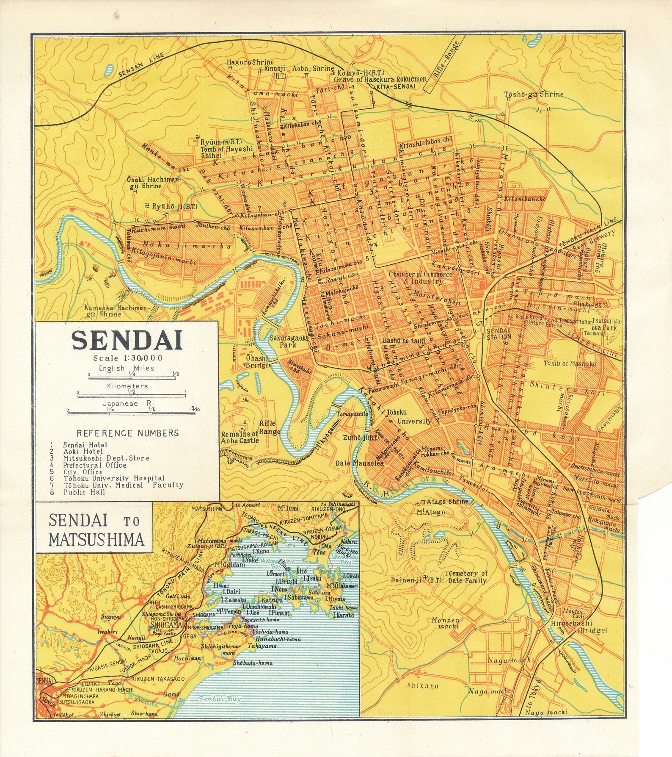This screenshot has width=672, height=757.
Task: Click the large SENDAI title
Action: (127, 340)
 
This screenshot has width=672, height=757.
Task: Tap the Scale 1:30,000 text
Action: (128, 358)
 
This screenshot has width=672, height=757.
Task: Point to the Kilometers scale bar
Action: (132, 395)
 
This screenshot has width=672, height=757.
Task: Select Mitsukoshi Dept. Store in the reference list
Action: (106, 458)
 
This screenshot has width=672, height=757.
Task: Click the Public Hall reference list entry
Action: (84, 492)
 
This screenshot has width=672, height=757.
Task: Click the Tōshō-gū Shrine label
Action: (533, 94)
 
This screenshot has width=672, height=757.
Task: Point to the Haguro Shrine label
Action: (250, 62)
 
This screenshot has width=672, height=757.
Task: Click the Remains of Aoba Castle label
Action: (240, 437)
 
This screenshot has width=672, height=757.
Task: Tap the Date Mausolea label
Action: (360, 463)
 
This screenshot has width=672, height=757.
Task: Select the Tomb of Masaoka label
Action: (570, 363)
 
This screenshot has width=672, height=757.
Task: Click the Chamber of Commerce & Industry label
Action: (420, 277)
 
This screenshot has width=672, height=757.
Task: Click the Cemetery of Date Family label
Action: (467, 577)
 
